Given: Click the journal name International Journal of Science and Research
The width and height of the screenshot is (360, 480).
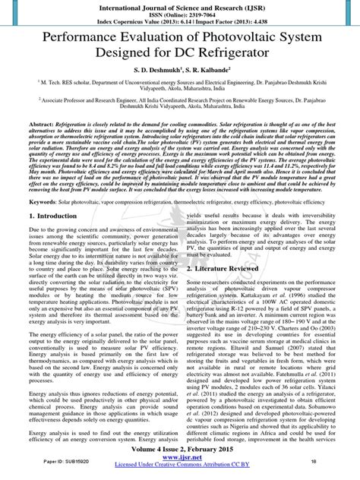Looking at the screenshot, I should (x=179, y=5).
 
